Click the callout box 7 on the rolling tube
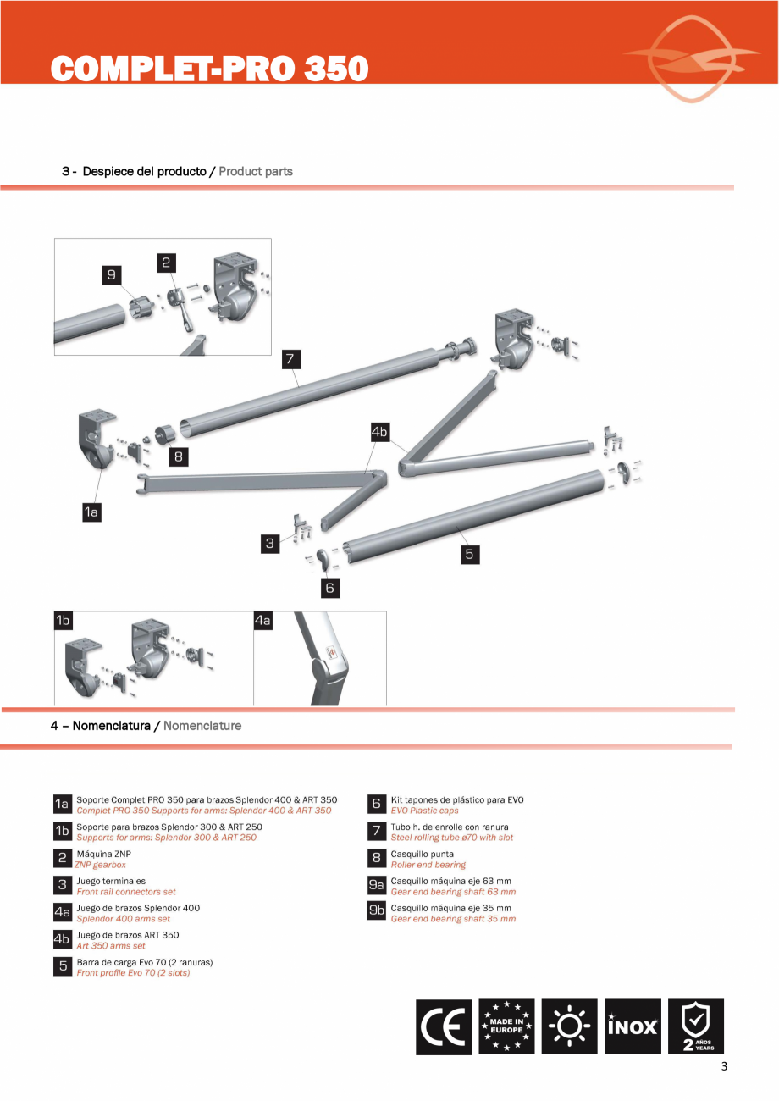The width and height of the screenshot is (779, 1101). click(290, 358)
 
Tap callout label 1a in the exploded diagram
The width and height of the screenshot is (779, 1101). click(91, 512)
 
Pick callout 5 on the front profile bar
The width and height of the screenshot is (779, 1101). click(469, 554)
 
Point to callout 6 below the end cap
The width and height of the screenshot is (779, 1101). click(330, 586)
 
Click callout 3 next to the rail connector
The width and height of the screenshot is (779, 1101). click(270, 544)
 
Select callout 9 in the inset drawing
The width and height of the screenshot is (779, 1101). click(111, 274)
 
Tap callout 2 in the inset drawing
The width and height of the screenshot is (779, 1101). click(167, 263)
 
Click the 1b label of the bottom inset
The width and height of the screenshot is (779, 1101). click(63, 621)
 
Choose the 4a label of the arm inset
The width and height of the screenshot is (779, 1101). click(263, 621)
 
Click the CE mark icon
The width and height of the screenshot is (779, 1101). click(444, 1026)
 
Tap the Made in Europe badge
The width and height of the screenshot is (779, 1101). click(506, 1026)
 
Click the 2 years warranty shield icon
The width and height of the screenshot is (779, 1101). click(696, 1026)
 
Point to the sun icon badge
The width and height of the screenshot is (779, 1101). click(569, 1026)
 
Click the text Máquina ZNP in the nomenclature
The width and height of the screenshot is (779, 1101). click(103, 854)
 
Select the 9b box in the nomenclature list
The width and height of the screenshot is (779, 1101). click(377, 911)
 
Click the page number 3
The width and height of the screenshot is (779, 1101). click(724, 1067)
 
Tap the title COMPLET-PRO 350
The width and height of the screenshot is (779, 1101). click(210, 69)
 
